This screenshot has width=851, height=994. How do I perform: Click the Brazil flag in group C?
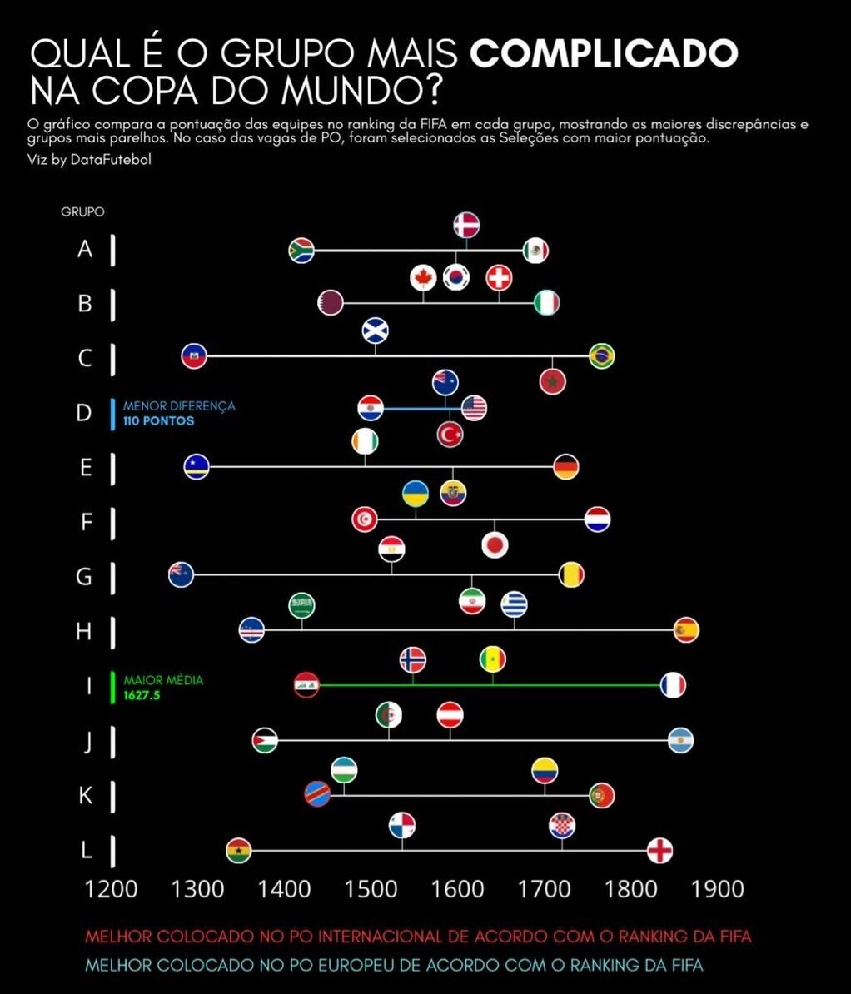point(601,355)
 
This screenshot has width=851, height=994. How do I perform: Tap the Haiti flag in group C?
point(194,355)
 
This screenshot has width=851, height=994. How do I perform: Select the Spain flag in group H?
point(685,629)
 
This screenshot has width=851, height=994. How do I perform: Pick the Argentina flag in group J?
point(680,740)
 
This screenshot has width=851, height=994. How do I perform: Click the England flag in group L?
point(659,850)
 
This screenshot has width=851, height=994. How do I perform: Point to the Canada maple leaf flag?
point(423,278)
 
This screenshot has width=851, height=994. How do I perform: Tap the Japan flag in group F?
point(495,545)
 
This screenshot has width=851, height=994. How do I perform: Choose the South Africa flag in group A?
point(301,250)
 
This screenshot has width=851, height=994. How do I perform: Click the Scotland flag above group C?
point(375,331)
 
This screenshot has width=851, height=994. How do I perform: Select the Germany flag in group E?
point(565,467)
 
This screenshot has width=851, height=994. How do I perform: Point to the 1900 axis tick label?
point(719,888)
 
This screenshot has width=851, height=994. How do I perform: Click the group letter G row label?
point(84,576)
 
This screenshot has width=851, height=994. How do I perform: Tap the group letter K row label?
point(85,796)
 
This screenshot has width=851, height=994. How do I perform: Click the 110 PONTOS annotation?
point(158,421)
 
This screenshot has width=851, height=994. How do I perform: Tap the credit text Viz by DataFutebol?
point(90,160)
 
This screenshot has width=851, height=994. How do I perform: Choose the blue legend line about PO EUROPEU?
point(394,966)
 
